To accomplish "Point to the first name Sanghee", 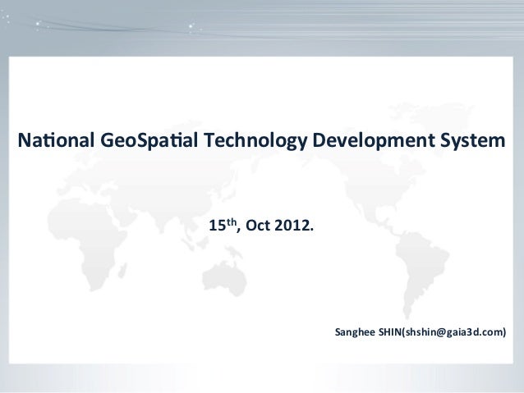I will click(x=355, y=333).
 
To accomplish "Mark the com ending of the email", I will click(x=493, y=333).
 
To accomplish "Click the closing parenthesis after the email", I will click(x=504, y=333).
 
